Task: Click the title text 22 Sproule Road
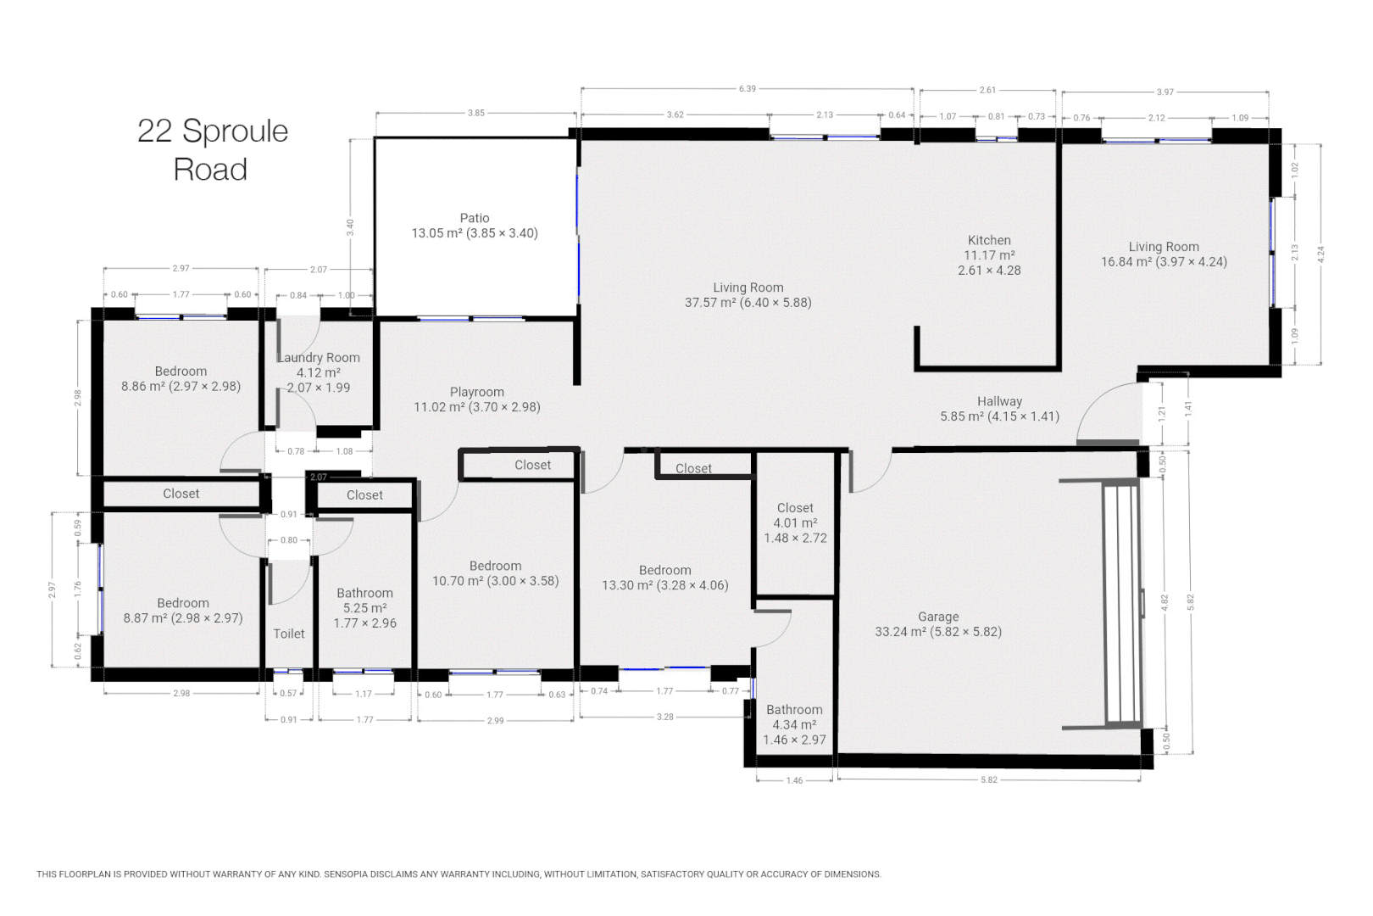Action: click(213, 150)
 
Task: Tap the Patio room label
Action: click(475, 226)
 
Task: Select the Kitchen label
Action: click(989, 254)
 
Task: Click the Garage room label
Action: click(938, 624)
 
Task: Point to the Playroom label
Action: click(476, 399)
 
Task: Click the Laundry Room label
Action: click(319, 372)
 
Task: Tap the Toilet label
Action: click(289, 634)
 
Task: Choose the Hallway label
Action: click(999, 409)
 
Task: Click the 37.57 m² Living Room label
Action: click(748, 295)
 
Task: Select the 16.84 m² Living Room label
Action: click(1164, 254)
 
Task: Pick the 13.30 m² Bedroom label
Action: click(664, 578)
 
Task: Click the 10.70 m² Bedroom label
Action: click(495, 573)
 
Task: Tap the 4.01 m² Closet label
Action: click(795, 522)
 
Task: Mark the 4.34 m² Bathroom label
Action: click(794, 724)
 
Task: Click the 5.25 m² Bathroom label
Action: click(364, 608)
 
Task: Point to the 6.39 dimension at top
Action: click(747, 88)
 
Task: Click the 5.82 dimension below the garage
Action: click(988, 779)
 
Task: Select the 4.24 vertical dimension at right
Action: click(1320, 254)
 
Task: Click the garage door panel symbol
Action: click(1122, 603)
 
